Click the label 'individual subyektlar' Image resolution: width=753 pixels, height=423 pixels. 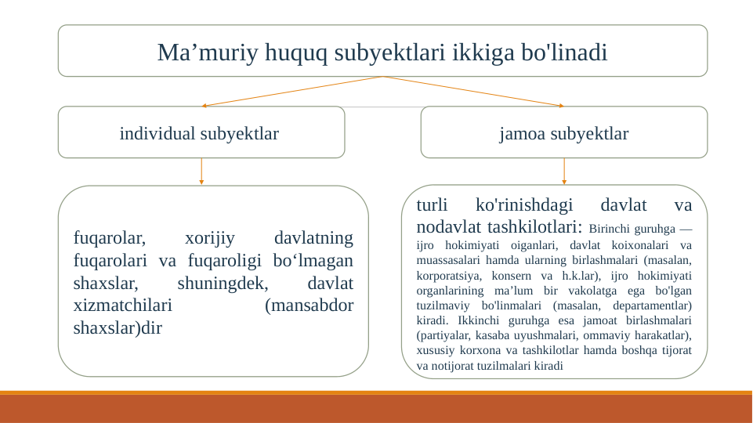tap(199, 133)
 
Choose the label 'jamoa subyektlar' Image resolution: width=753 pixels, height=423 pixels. tap(564, 133)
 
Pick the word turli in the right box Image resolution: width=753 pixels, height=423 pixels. tap(432, 205)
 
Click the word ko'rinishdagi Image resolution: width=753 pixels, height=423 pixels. tap(524, 205)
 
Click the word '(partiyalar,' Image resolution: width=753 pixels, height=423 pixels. tap(440, 335)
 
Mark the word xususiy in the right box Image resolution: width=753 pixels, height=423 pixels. tap(433, 350)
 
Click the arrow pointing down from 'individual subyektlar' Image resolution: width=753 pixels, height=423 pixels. tap(201, 172)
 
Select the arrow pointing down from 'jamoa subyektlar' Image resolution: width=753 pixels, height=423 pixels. tap(564, 172)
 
